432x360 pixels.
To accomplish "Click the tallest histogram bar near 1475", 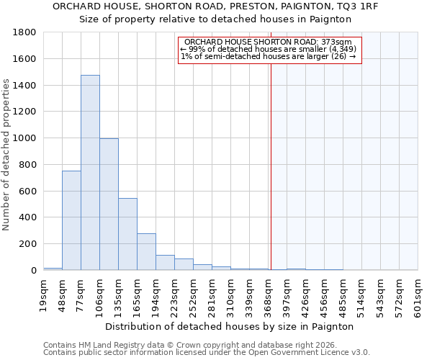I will tap(90, 173).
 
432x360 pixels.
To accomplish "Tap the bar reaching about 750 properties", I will tap(71, 220).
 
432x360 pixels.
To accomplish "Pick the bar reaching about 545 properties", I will tap(127, 234).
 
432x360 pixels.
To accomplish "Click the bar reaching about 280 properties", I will tap(146, 251).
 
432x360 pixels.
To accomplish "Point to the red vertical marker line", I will tap(271, 158).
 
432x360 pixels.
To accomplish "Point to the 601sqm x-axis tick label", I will tap(419, 294).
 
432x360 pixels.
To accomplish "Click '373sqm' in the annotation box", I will tap(336, 42).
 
